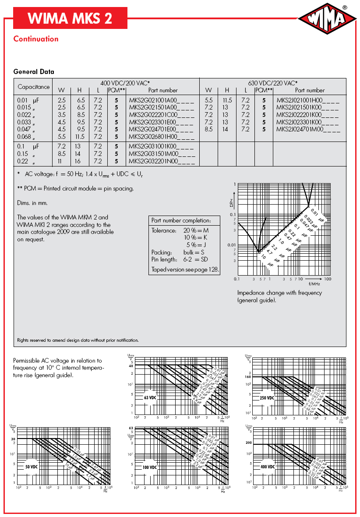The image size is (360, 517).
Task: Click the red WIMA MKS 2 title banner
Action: pos(70,18)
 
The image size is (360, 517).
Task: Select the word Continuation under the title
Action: pos(36,39)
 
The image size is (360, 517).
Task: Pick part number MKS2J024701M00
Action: pos(308,129)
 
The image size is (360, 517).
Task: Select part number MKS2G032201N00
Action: pos(162,162)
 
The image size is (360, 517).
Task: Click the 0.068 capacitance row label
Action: pos(26,137)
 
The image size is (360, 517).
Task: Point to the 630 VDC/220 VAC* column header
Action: pos(272,83)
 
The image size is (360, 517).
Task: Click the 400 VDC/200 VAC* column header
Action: pos(125,83)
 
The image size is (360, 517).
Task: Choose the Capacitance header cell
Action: pos(33,87)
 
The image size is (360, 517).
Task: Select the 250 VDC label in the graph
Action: pos(267,398)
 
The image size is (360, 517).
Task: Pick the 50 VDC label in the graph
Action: pos(31,467)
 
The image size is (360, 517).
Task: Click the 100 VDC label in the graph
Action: pos(149,467)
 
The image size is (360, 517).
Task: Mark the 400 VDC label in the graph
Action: pos(267,467)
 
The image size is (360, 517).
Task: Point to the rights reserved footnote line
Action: pos(78,340)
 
